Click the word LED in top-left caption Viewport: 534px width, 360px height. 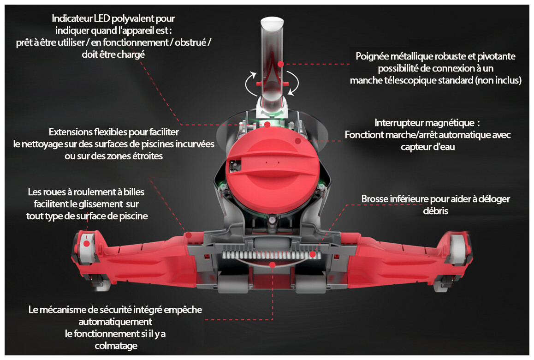coord(103,19)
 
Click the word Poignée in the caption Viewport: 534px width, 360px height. coord(372,56)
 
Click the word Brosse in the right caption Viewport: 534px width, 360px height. coord(375,199)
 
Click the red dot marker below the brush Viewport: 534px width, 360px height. coord(273,265)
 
